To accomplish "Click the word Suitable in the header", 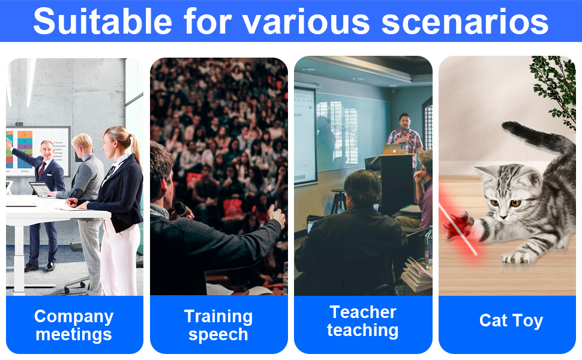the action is click(103, 21).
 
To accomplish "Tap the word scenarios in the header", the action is click(465, 22).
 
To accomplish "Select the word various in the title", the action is click(306, 22).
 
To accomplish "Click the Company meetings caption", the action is click(74, 325).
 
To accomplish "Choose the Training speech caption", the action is click(218, 325).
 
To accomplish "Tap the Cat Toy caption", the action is click(511, 320).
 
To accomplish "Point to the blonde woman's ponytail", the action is click(135, 148).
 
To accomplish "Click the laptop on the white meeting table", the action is click(41, 189).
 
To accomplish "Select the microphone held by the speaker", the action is click(181, 209).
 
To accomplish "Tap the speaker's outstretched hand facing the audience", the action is click(277, 216).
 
